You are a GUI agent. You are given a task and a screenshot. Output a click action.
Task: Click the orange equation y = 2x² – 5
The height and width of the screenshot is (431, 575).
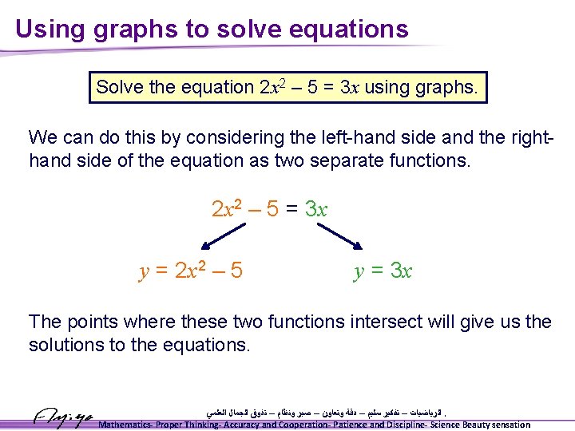(x=191, y=271)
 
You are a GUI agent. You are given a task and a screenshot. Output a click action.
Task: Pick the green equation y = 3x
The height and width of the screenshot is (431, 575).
(x=383, y=271)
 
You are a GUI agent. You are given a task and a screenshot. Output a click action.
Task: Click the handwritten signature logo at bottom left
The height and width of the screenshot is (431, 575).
(x=63, y=417)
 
